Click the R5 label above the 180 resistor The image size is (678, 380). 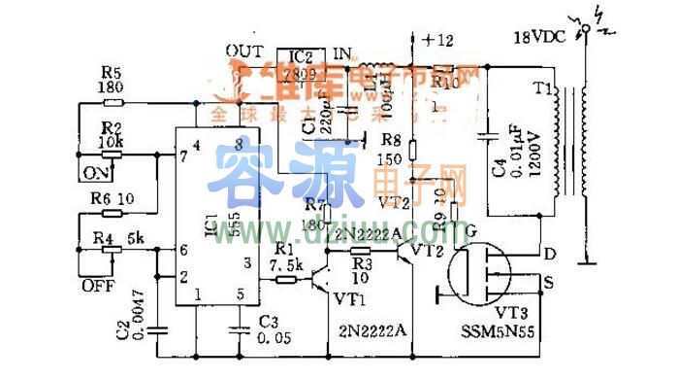pyautogui.click(x=111, y=71)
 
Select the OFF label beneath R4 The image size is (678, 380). pyautogui.click(x=95, y=285)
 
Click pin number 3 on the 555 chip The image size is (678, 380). pyautogui.click(x=247, y=262)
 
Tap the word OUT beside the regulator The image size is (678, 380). pyautogui.click(x=242, y=50)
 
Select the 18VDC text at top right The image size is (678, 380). pyautogui.click(x=542, y=39)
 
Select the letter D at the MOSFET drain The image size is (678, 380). pyautogui.click(x=550, y=255)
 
